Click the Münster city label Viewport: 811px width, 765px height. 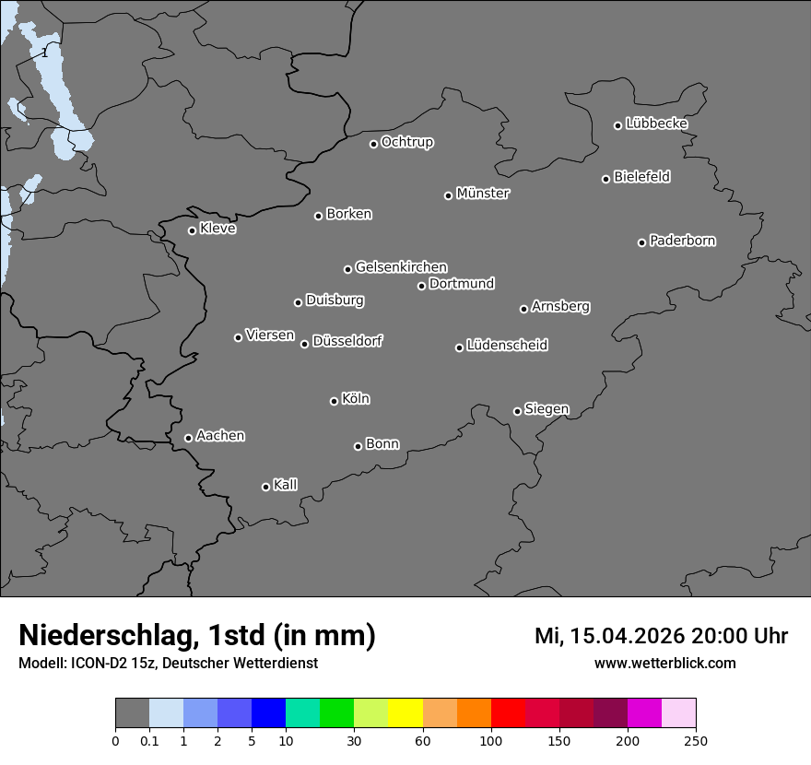pos(483,194)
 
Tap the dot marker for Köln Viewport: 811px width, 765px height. pos(334,401)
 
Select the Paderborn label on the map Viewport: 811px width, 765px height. pos(683,241)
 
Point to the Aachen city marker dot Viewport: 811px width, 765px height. pos(188,438)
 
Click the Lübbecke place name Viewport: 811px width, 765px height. pos(657,124)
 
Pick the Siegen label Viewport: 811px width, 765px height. pos(547,409)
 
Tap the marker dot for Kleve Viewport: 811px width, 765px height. pos(192,230)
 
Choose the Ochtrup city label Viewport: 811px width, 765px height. pos(407,142)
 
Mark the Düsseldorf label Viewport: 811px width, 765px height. pos(347,341)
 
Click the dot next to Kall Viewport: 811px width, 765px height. pos(265,487)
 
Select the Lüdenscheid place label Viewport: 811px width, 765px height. pos(507,346)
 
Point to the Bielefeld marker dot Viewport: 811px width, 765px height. pos(605,179)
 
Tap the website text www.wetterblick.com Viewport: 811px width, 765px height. pos(665,663)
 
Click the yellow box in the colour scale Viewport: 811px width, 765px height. pos(405,714)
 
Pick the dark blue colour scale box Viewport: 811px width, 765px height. pos(269,714)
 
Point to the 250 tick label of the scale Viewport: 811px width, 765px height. pos(696,740)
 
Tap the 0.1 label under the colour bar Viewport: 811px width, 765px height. pos(149,740)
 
